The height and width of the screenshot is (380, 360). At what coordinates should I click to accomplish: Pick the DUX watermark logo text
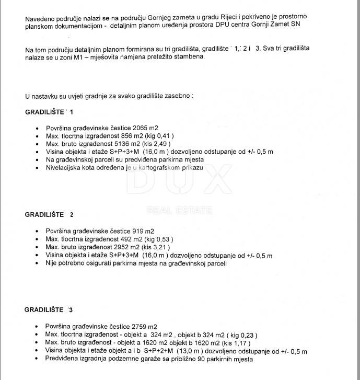(x=179, y=186)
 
